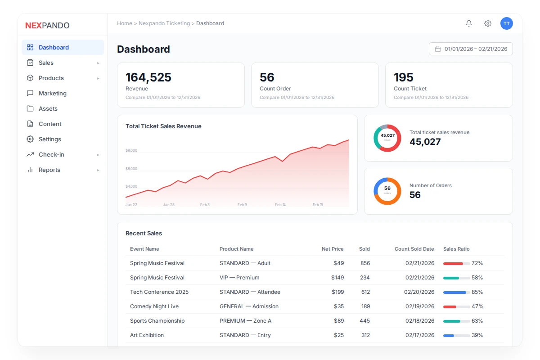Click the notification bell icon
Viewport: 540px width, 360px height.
469,23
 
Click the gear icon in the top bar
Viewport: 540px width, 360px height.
488,23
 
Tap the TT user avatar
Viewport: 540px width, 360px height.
507,23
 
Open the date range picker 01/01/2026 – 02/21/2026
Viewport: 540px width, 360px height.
471,49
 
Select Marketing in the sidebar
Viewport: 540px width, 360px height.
52,93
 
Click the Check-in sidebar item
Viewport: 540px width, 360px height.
51,154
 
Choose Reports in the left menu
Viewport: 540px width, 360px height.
49,170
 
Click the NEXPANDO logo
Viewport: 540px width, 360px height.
47,26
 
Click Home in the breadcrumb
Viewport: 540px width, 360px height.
125,23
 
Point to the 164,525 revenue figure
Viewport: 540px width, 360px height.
148,77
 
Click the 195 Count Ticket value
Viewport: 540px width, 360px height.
404,77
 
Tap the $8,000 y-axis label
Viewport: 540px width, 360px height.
131,150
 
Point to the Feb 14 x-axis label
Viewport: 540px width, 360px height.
280,205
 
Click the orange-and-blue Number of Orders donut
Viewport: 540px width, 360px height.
387,191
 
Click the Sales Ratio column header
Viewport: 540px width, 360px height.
456,249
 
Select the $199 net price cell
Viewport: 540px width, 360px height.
337,292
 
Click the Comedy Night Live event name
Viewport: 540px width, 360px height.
154,306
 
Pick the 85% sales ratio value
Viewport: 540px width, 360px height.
477,292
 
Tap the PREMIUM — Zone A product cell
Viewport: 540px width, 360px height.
245,321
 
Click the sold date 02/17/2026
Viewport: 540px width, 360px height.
420,335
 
